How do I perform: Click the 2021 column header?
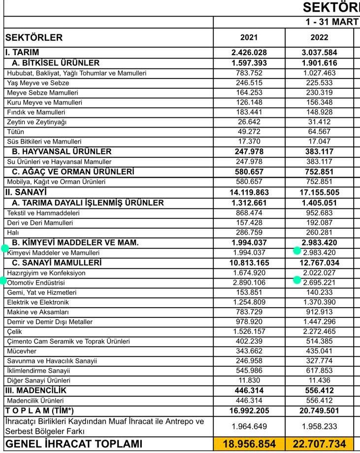pyautogui.click(x=249, y=37)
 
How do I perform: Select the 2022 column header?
pyautogui.click(x=319, y=37)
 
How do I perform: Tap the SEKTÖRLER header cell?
pyautogui.click(x=34, y=37)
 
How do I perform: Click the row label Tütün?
pyautogui.click(x=16, y=132)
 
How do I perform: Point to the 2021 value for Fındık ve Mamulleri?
pyautogui.click(x=249, y=112)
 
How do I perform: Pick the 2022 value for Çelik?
pyautogui.click(x=319, y=332)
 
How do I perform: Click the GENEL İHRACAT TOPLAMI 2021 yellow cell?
pyautogui.click(x=249, y=444)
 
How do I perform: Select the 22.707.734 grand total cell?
pyautogui.click(x=319, y=444)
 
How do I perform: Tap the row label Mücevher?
pyautogui.click(x=22, y=351)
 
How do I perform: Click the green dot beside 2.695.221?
pyautogui.click(x=297, y=280)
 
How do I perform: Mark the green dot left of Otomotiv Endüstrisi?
pyautogui.click(x=2, y=281)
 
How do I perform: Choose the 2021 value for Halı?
pyautogui.click(x=249, y=233)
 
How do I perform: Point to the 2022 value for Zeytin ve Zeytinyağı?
pyautogui.click(x=319, y=122)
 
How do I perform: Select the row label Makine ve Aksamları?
pyautogui.click(x=38, y=312)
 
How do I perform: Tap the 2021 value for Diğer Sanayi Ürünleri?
pyautogui.click(x=249, y=381)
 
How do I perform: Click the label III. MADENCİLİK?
pyautogui.click(x=35, y=390)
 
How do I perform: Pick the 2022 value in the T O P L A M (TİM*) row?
pyautogui.click(x=319, y=411)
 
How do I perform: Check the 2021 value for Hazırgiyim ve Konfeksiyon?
pyautogui.click(x=249, y=273)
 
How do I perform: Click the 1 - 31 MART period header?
pyautogui.click(x=331, y=22)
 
